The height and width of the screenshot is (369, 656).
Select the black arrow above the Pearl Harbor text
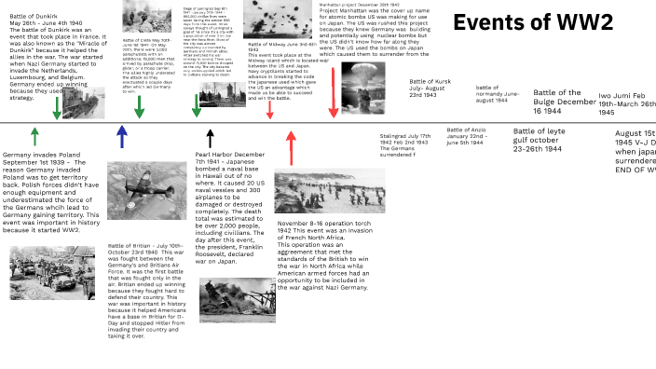[210, 138]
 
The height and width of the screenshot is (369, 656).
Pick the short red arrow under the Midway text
[270, 109]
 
